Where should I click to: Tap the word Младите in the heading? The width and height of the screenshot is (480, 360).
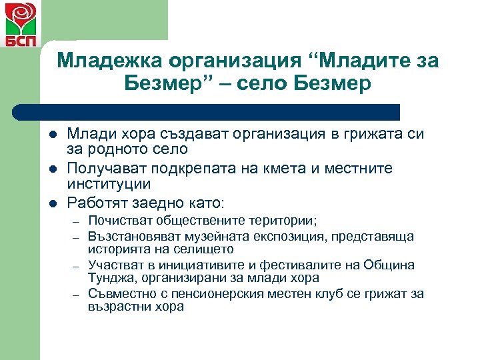pyautogui.click(x=369, y=61)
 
